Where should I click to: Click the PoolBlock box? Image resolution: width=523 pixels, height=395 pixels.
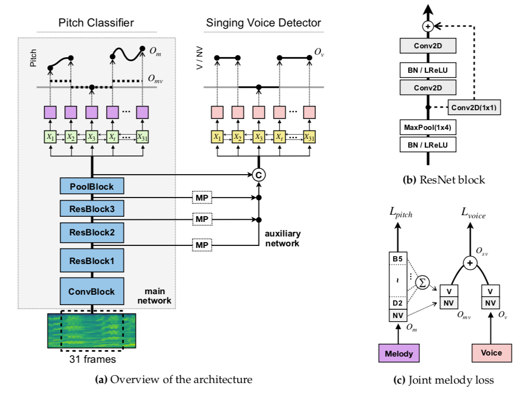[92, 186]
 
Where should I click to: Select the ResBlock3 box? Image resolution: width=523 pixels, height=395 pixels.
[92, 208]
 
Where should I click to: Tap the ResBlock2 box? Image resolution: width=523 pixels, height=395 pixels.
[92, 232]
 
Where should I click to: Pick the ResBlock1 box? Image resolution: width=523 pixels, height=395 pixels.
[92, 260]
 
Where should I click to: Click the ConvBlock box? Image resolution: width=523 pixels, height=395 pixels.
[92, 291]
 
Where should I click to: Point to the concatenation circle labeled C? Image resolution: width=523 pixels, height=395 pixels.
[258, 175]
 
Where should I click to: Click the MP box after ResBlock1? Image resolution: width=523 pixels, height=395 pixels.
[202, 245]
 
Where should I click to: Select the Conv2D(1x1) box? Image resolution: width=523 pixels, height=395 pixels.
[474, 108]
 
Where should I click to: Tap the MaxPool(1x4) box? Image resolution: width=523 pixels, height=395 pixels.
[428, 127]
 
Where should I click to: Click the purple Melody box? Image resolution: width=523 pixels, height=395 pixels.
[399, 353]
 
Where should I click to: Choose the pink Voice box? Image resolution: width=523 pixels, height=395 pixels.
[492, 353]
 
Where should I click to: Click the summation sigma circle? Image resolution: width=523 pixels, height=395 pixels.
[422, 283]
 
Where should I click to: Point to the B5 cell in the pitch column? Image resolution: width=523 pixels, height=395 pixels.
[398, 259]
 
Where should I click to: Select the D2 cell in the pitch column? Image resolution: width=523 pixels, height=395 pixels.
[398, 303]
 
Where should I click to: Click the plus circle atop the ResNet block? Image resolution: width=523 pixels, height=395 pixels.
[428, 26]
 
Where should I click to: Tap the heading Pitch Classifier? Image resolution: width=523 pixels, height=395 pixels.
[96, 23]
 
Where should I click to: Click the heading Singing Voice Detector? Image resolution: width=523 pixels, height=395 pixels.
[264, 23]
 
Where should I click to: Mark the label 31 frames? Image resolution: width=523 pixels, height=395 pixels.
[93, 359]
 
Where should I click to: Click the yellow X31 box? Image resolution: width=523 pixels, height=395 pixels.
[309, 137]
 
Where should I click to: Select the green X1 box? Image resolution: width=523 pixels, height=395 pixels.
[50, 137]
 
